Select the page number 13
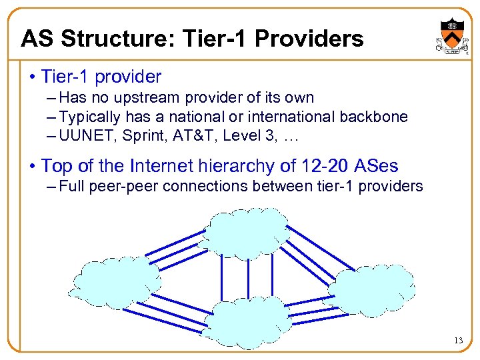(458, 341)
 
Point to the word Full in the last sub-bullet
(71, 186)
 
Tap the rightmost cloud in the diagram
(373, 288)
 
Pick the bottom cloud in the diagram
(248, 322)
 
